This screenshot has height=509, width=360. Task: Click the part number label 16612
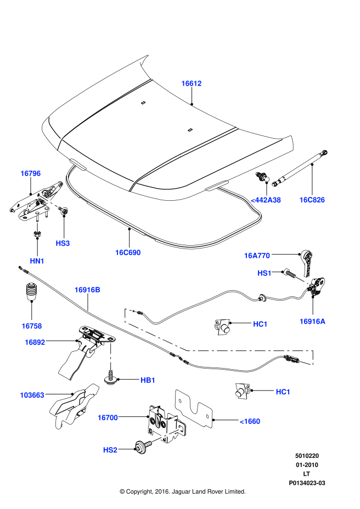tap(192, 83)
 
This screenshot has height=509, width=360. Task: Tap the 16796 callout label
tap(31, 173)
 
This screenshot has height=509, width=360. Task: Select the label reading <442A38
tap(266, 200)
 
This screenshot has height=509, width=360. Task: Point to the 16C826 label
tap(312, 200)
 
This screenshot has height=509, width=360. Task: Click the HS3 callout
tap(63, 244)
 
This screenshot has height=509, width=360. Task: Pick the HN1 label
tap(37, 261)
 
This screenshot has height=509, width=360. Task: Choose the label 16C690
tap(128, 253)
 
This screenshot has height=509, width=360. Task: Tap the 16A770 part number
tap(257, 256)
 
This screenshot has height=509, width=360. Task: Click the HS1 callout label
tap(265, 273)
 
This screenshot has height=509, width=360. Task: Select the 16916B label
tap(87, 290)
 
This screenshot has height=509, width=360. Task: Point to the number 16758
tap(32, 326)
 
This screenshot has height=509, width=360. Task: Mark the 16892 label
tap(35, 342)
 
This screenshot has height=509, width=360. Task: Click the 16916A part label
tap(312, 321)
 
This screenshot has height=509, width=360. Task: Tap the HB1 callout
tap(148, 380)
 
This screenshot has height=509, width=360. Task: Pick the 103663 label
tap(32, 395)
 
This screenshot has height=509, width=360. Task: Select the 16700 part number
tap(108, 417)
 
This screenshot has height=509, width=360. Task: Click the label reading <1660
tap(250, 421)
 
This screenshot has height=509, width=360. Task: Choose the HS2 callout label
tap(110, 450)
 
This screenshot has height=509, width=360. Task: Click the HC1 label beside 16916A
tap(260, 324)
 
